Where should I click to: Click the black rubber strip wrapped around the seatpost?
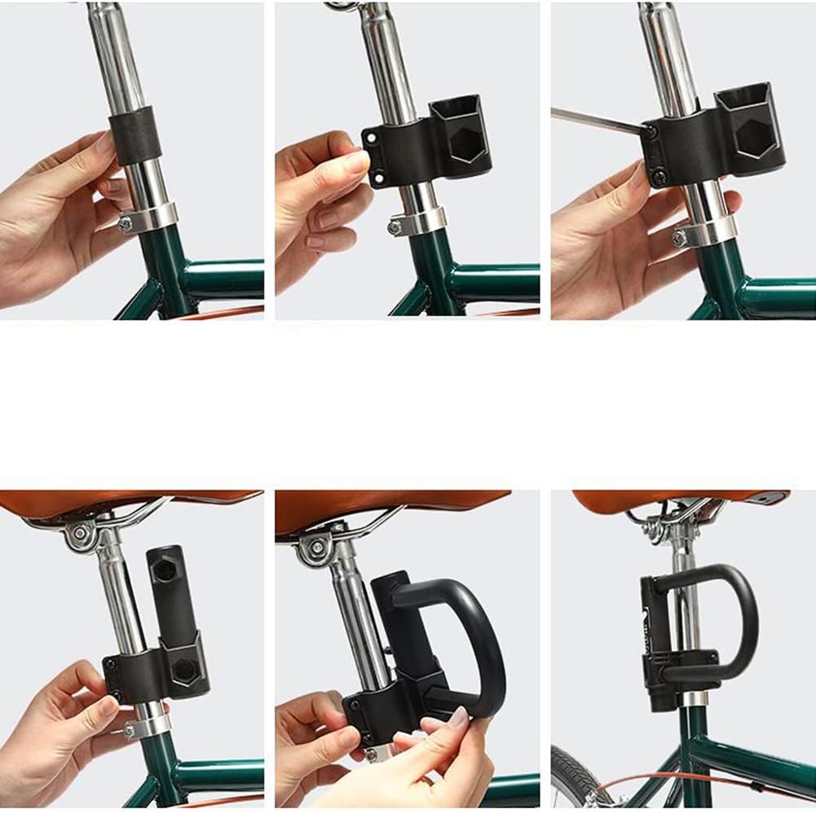coord(135,135)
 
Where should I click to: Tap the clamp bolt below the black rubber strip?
coord(125,224)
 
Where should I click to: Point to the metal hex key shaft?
coord(599,121)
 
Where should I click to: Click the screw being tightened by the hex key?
coord(650,130)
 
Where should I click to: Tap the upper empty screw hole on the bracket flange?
coord(373,138)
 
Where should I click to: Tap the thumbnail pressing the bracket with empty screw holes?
coord(356,161)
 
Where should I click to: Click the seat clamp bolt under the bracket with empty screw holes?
coord(395,228)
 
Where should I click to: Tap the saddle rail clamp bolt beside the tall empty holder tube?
coord(80,534)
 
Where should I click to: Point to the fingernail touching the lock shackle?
coord(459,718)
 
